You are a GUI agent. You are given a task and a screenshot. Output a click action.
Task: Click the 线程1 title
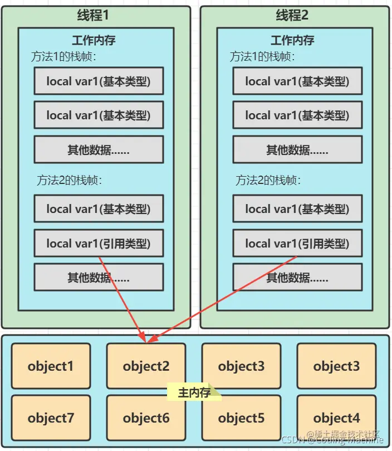coord(93,16)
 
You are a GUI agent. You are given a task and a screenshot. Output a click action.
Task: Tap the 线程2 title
coord(292,16)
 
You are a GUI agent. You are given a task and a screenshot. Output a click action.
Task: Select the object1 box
coord(50,366)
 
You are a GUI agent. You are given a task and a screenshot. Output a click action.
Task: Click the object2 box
coord(146,366)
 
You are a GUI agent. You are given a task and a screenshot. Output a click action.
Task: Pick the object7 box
coord(50,418)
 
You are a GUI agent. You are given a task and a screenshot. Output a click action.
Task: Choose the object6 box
coord(146,418)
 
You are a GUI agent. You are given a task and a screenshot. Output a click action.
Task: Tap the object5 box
coord(241,418)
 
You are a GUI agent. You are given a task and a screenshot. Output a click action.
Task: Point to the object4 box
coord(336,418)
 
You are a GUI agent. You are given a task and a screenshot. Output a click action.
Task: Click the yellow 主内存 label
coord(194,392)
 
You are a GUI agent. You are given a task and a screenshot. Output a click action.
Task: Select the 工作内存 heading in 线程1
coord(94,41)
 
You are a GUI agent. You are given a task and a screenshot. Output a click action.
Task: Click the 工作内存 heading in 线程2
coord(292,41)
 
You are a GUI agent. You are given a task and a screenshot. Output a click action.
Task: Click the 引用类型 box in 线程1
coord(99,243)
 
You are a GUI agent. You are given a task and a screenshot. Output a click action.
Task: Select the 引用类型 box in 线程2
coord(297,243)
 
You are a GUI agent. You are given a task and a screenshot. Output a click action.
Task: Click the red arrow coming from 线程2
coord(223,298)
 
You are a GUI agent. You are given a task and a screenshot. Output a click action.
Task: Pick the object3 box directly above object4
coord(336,366)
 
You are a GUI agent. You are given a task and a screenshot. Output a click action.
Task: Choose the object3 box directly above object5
coord(241,366)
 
